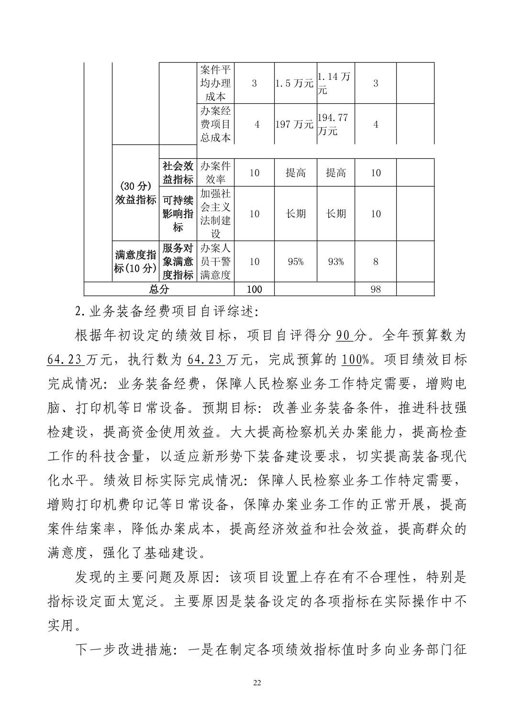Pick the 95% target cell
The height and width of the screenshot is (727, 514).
point(295,262)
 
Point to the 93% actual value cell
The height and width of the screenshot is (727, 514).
point(335,262)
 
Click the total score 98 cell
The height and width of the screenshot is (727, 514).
point(376,289)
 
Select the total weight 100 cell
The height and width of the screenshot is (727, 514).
point(254,289)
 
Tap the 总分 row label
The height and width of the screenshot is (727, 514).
point(159,289)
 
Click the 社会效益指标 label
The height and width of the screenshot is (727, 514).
point(178,173)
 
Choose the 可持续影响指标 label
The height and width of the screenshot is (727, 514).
point(178,213)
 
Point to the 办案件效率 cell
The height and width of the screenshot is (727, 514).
point(215,173)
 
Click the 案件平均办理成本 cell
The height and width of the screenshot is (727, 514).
point(215,83)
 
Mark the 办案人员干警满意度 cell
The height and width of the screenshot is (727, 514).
point(215,262)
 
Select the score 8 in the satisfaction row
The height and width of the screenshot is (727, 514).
point(376,262)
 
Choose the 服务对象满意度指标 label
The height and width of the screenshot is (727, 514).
point(178,262)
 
